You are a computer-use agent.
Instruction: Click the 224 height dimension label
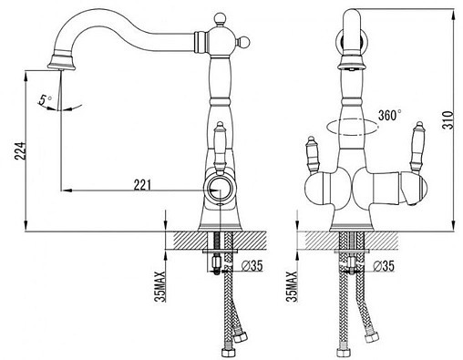click(x=19, y=150)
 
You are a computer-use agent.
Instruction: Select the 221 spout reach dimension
click(x=142, y=185)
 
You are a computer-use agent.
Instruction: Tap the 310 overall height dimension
click(x=448, y=120)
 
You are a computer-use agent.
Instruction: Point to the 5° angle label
click(x=46, y=99)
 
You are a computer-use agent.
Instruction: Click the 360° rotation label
click(x=390, y=115)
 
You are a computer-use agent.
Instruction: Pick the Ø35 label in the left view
click(x=252, y=266)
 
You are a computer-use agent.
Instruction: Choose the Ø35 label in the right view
click(x=384, y=266)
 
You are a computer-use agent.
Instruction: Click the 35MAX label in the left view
click(x=160, y=286)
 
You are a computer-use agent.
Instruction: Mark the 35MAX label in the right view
click(x=292, y=286)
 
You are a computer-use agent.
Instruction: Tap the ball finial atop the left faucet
click(x=220, y=18)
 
